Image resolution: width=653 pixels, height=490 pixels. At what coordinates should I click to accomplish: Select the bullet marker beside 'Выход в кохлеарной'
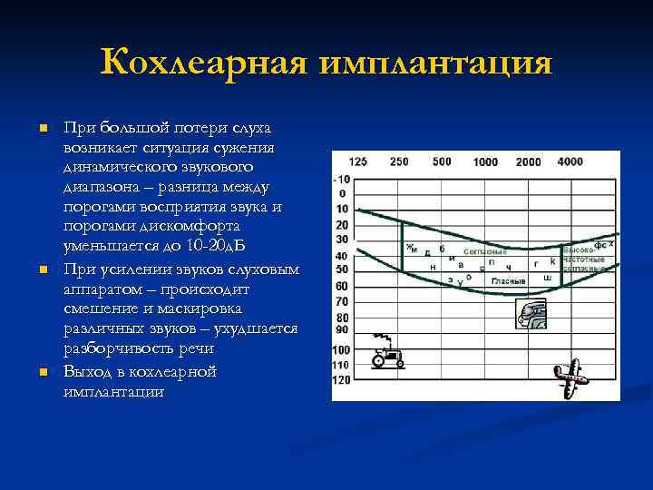(x=41, y=373)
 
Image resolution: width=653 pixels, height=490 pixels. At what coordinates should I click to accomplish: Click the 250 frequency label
(x=399, y=162)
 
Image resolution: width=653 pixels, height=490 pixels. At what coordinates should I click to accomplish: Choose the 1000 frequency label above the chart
(x=485, y=162)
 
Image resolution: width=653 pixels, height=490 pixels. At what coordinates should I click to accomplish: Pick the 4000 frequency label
(x=570, y=162)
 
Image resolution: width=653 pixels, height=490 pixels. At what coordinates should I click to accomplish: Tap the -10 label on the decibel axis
(x=341, y=179)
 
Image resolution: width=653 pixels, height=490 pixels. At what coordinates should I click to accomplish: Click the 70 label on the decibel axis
(x=341, y=302)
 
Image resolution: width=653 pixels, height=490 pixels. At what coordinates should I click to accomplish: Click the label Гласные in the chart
(x=509, y=281)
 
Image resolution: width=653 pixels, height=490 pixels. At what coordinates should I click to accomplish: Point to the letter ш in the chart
(x=547, y=277)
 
